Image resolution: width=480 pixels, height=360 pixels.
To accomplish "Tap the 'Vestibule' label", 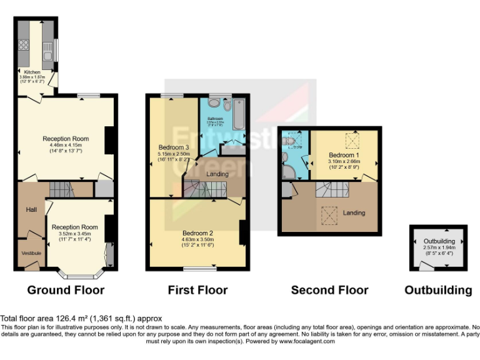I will [31, 252].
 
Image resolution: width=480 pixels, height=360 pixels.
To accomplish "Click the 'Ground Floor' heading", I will [66, 290].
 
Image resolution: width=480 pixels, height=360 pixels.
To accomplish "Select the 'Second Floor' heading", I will [329, 290].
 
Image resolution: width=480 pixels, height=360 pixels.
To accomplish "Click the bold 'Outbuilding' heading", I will [438, 290].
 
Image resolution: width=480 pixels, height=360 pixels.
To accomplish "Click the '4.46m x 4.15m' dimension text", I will [66, 145].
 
